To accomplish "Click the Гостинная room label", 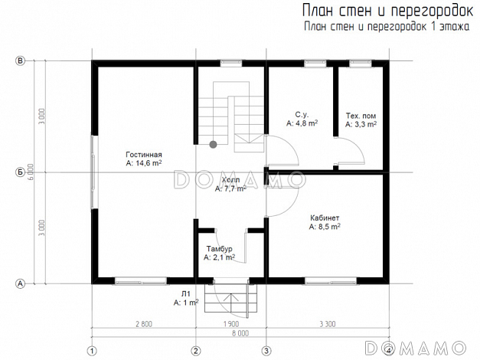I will (x=144, y=155).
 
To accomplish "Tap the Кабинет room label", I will (x=325, y=218).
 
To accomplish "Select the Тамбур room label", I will (x=219, y=249).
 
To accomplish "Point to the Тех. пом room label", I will (x=361, y=115).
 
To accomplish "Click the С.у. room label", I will (x=301, y=113).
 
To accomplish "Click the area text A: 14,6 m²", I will (x=144, y=163).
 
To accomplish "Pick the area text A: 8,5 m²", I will (x=325, y=227).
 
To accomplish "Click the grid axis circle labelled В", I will (x=21, y=61).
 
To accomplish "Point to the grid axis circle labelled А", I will (x=21, y=283).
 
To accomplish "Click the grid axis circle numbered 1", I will (x=93, y=351).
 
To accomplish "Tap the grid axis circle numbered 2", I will (x=196, y=351).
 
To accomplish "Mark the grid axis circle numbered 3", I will (x=266, y=351).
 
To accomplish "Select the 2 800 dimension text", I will (x=143, y=324).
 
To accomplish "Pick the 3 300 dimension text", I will (x=327, y=324).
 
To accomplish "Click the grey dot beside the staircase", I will (x=214, y=143).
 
